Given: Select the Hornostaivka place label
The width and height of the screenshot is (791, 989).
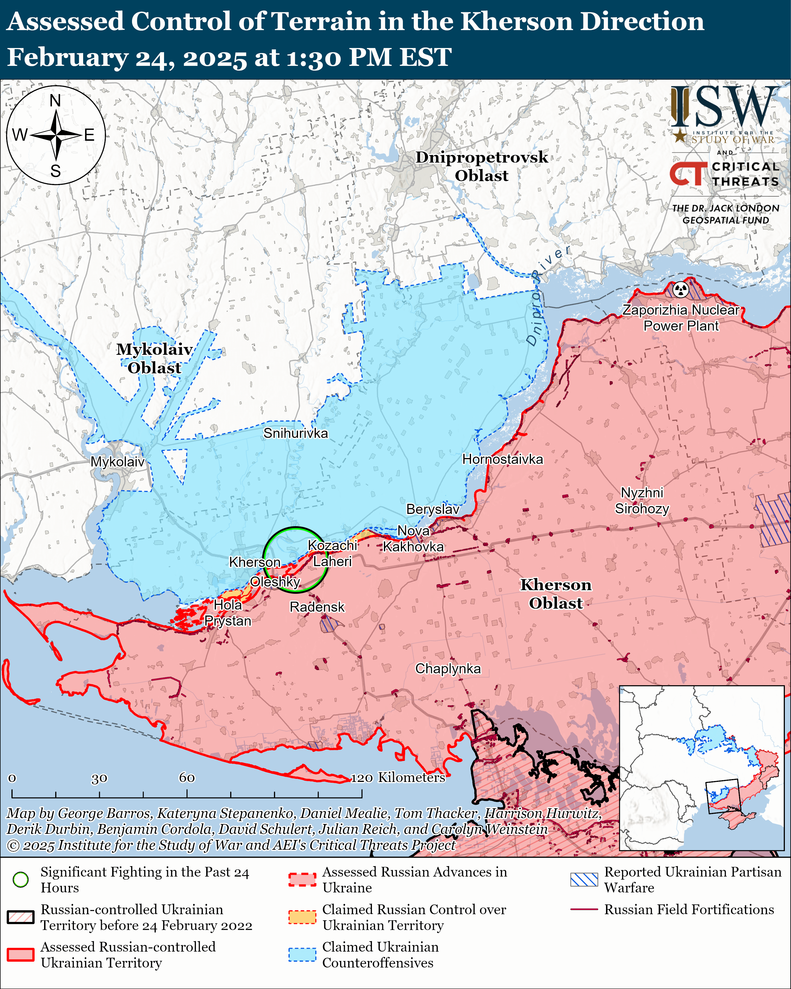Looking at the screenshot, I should click(502, 459).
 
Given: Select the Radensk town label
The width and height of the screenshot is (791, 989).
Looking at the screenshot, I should click(317, 607).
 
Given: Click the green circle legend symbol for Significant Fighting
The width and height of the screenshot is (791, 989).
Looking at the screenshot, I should click(21, 879).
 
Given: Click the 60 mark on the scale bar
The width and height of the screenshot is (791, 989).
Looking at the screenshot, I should click(187, 777).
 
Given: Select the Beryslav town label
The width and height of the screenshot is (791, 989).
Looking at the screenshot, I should click(432, 509).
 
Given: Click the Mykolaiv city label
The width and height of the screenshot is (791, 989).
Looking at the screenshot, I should click(117, 461).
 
